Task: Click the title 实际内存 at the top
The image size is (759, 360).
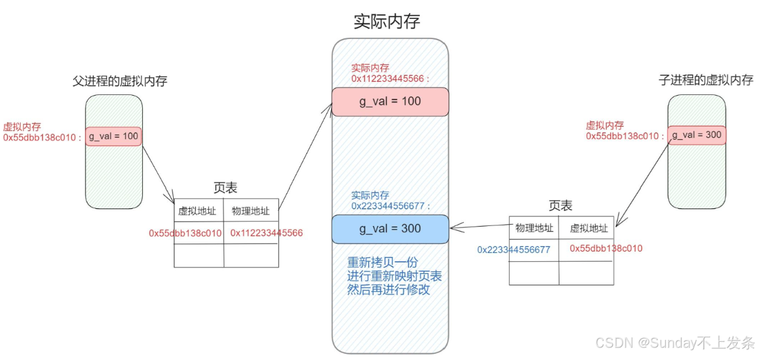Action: click(386, 21)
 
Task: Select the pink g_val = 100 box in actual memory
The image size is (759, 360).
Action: click(390, 101)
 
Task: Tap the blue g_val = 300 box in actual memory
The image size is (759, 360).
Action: click(390, 229)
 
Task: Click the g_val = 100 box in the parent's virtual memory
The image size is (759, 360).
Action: click(113, 137)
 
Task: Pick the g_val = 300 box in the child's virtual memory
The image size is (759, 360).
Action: click(697, 135)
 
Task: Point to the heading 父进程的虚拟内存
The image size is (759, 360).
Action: click(120, 81)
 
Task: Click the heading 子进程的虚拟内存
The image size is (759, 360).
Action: click(706, 80)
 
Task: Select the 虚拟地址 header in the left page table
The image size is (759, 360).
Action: click(197, 211)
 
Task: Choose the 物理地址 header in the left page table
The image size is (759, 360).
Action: click(250, 211)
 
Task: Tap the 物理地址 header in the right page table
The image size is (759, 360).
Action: click(534, 228)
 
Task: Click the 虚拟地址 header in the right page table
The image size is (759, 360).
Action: click(588, 228)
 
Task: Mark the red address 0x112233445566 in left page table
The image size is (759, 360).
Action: click(266, 233)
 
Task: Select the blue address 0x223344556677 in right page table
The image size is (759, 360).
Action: click(514, 250)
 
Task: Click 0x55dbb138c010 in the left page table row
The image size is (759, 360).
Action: click(185, 233)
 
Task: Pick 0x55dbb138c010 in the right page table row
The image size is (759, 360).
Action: click(606, 249)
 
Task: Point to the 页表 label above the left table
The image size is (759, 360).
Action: click(225, 188)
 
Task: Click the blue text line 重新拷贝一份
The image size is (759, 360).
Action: click(383, 262)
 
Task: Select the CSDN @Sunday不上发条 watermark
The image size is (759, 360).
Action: click(675, 343)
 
